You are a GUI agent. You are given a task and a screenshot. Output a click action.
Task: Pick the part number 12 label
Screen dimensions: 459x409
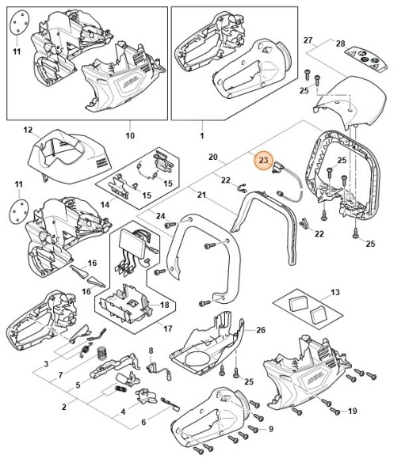pyautogui.click(x=28, y=130)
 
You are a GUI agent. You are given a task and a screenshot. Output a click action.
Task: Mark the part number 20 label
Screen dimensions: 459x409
pyautogui.click(x=212, y=157)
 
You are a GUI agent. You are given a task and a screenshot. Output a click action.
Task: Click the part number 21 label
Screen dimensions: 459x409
pyautogui.click(x=201, y=195)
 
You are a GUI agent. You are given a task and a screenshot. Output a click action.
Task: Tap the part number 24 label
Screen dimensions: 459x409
pyautogui.click(x=161, y=216)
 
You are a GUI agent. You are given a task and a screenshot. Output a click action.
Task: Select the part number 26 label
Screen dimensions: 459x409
pyautogui.click(x=261, y=330)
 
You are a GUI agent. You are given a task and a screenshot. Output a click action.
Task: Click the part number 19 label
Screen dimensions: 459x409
pyautogui.click(x=353, y=411)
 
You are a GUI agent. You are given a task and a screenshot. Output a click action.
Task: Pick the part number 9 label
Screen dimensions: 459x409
pyautogui.click(x=270, y=429)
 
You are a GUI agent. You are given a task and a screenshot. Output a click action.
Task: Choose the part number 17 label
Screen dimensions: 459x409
pyautogui.click(x=166, y=329)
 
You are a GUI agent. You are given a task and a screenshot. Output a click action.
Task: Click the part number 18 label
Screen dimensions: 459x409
pyautogui.click(x=164, y=304)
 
